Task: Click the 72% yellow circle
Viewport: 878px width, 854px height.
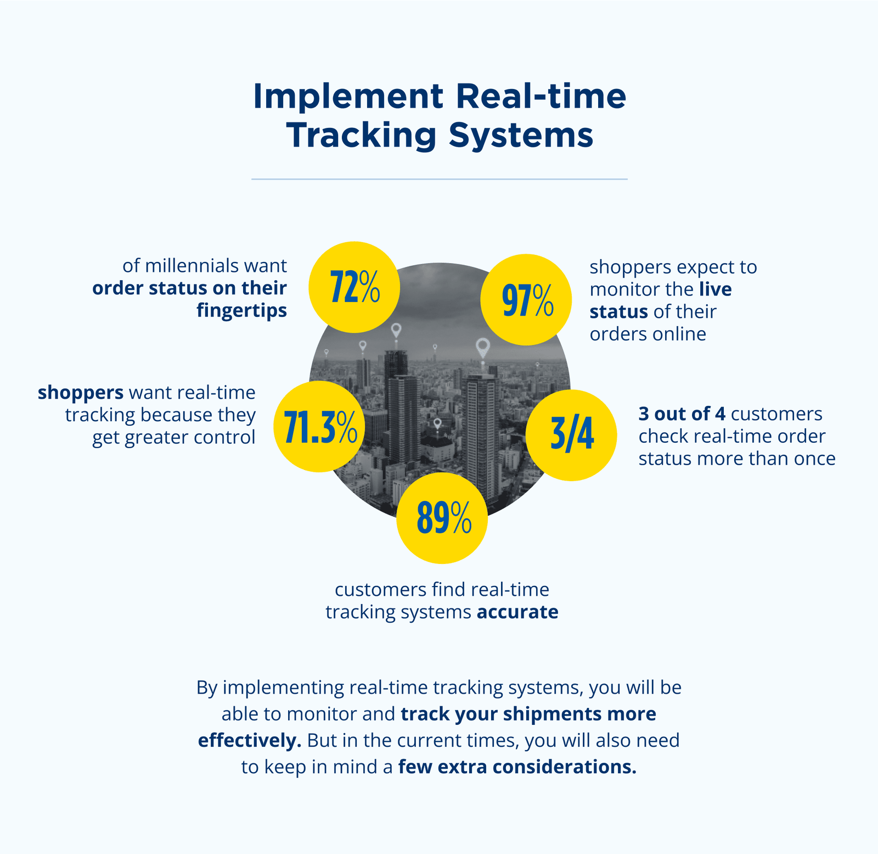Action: [354, 287]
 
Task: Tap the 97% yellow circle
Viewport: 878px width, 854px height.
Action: [526, 299]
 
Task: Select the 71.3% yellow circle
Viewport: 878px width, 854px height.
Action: [319, 426]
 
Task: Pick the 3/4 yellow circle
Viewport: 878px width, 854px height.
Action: [571, 436]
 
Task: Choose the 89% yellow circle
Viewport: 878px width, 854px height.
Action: [442, 518]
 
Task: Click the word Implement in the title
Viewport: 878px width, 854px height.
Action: [348, 97]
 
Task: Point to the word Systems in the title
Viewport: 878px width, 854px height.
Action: [521, 135]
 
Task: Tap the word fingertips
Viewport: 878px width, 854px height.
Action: [242, 311]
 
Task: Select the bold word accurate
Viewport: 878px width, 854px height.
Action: [517, 612]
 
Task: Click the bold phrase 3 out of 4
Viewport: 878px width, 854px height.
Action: [682, 414]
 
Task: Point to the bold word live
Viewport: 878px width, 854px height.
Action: [716, 289]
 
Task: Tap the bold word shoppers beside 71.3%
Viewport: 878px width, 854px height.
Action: [81, 393]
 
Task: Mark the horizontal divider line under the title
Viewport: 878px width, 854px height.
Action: [439, 179]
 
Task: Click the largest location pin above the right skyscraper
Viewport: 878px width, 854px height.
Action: [482, 347]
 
